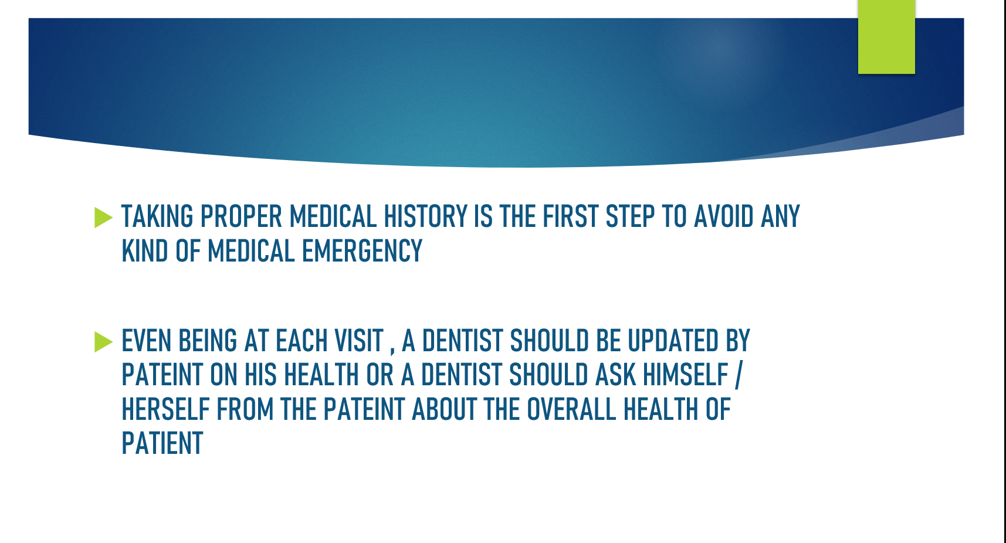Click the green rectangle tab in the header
pyautogui.click(x=886, y=36)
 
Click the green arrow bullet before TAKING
pyautogui.click(x=103, y=218)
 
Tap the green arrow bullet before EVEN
pyautogui.click(x=103, y=342)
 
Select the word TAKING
pyautogui.click(x=157, y=217)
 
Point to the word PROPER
pyautogui.click(x=241, y=217)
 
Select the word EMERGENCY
pyautogui.click(x=362, y=251)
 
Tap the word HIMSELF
pyautogui.click(x=685, y=375)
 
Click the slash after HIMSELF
pyautogui.click(x=739, y=375)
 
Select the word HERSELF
pyautogui.click(x=165, y=409)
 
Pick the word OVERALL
pyautogui.click(x=571, y=409)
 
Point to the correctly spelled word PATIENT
pyautogui.click(x=162, y=443)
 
